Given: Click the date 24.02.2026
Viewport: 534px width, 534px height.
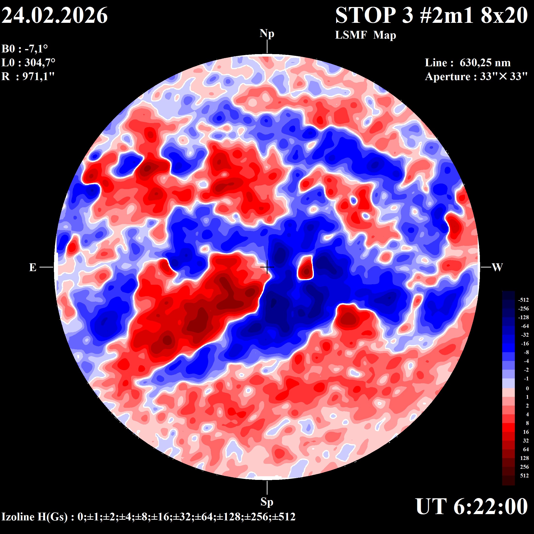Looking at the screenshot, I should click(x=54, y=16).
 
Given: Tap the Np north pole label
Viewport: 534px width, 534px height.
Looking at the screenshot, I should click(x=267, y=34).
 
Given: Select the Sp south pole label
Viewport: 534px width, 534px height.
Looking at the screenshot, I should click(x=267, y=502).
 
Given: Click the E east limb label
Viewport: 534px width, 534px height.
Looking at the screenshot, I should click(x=33, y=267).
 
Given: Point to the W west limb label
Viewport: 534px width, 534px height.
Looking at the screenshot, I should click(x=497, y=267).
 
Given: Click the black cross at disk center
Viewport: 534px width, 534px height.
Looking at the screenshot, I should click(x=267, y=267).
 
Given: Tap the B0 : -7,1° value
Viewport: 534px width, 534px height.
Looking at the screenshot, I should click(x=25, y=49).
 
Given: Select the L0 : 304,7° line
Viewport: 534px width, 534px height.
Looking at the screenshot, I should click(x=28, y=63).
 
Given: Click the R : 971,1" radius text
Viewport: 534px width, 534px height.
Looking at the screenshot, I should click(x=28, y=76).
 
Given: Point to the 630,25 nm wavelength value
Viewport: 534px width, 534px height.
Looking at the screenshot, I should click(x=485, y=63).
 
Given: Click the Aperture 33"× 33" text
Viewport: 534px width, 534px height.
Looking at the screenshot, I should click(x=476, y=76).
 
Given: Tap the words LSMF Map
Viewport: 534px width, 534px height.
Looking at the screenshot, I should click(x=365, y=35).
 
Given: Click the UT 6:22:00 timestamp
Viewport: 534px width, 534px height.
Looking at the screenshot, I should click(x=472, y=506).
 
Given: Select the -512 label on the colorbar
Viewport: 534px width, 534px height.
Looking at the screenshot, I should click(x=523, y=300).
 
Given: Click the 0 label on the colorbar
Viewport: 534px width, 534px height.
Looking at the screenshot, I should click(x=527, y=388).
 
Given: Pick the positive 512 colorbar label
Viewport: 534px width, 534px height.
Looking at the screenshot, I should click(x=524, y=476).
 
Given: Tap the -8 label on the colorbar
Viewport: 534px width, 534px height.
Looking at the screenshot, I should click(x=526, y=352).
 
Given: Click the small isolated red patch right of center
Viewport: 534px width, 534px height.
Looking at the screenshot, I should click(x=305, y=268).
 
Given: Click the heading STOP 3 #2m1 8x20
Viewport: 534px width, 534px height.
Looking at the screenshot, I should click(x=431, y=16).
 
